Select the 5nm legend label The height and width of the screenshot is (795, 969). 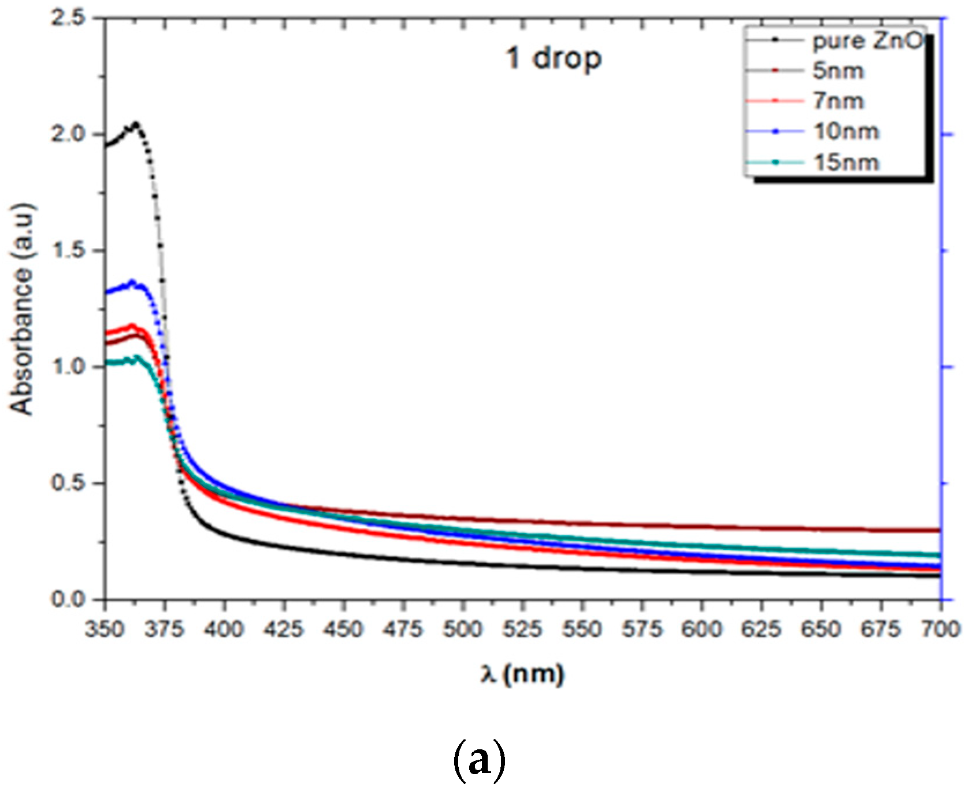[x=838, y=72]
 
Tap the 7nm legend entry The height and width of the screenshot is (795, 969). [x=838, y=102]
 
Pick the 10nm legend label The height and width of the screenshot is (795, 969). [x=846, y=132]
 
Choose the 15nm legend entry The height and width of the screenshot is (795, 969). [x=846, y=162]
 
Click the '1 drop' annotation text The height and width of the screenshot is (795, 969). [x=554, y=58]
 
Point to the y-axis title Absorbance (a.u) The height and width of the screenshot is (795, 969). [x=22, y=309]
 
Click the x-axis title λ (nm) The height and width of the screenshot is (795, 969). [x=522, y=674]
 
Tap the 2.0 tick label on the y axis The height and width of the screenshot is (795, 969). [x=68, y=134]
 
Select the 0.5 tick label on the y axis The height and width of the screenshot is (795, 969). [x=68, y=483]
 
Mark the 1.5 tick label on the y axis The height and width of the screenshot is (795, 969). [x=68, y=251]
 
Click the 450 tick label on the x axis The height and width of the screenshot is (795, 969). [x=343, y=629]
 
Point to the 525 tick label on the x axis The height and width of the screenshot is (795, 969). [x=522, y=629]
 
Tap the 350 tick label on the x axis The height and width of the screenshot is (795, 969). [x=105, y=629]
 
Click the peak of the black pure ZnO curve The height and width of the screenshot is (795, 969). [x=136, y=124]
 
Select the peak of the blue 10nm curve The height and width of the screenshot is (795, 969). [x=132, y=282]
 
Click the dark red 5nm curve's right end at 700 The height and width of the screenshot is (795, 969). [x=939, y=530]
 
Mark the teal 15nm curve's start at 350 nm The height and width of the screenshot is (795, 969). [x=107, y=363]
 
